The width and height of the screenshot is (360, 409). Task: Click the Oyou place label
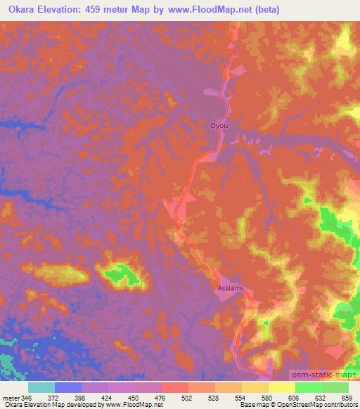click(x=220, y=126)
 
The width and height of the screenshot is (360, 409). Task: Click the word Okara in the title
click(x=25, y=9)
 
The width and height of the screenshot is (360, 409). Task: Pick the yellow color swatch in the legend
click(x=281, y=387)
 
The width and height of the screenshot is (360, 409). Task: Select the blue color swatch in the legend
click(x=67, y=387)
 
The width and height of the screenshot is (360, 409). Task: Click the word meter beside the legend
click(x=9, y=397)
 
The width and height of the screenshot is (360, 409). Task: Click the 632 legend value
click(x=322, y=397)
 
